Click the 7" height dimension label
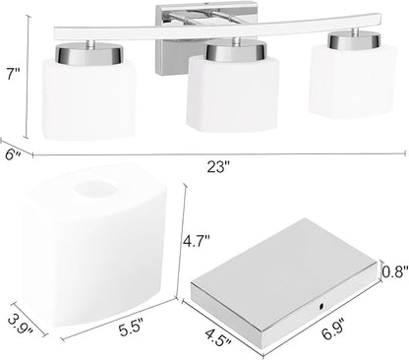coord(13,75)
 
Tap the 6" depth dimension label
coord(14,154)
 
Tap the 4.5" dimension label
coord(218,337)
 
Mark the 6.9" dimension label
coord(331,329)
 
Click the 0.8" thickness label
coord(396,271)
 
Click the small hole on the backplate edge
coord(321,306)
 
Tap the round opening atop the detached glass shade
coord(95,189)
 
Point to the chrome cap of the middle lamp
coord(234,50)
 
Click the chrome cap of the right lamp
coord(355,40)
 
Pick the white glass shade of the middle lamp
coord(233,93)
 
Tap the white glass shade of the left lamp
coord(88,98)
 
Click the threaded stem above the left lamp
coord(90,42)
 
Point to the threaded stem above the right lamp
coord(355,32)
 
